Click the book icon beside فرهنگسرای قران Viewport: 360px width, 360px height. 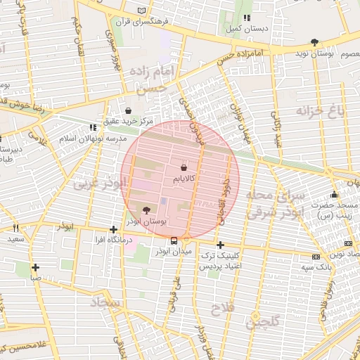tap(143, 12)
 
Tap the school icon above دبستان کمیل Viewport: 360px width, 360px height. tap(246, 18)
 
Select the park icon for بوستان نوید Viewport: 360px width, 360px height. tap(314, 42)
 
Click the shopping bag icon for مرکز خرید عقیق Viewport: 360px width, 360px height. tap(128, 110)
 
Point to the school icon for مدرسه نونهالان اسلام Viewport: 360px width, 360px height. tap(92, 128)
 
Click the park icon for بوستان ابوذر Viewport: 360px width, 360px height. tap(146, 210)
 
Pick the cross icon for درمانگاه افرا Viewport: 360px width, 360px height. tap(114, 229)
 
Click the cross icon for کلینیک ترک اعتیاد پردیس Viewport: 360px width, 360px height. tap(221, 245)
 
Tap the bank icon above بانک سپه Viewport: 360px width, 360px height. tap(316, 256)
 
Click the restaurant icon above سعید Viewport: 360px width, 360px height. tap(15, 229)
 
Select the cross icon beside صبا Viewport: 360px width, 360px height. tap(36, 266)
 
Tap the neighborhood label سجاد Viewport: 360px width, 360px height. tap(105, 303)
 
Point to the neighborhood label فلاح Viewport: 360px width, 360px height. tap(221, 309)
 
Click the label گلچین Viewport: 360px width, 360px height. tap(263, 321)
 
